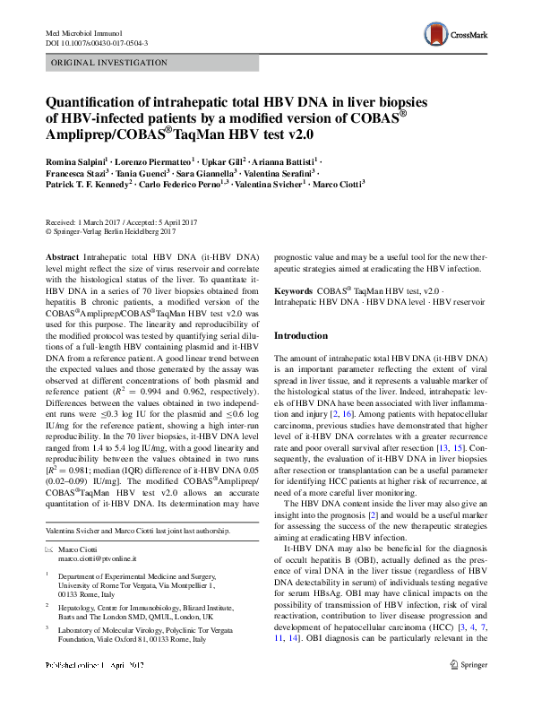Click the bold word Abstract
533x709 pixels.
click(x=62, y=255)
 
